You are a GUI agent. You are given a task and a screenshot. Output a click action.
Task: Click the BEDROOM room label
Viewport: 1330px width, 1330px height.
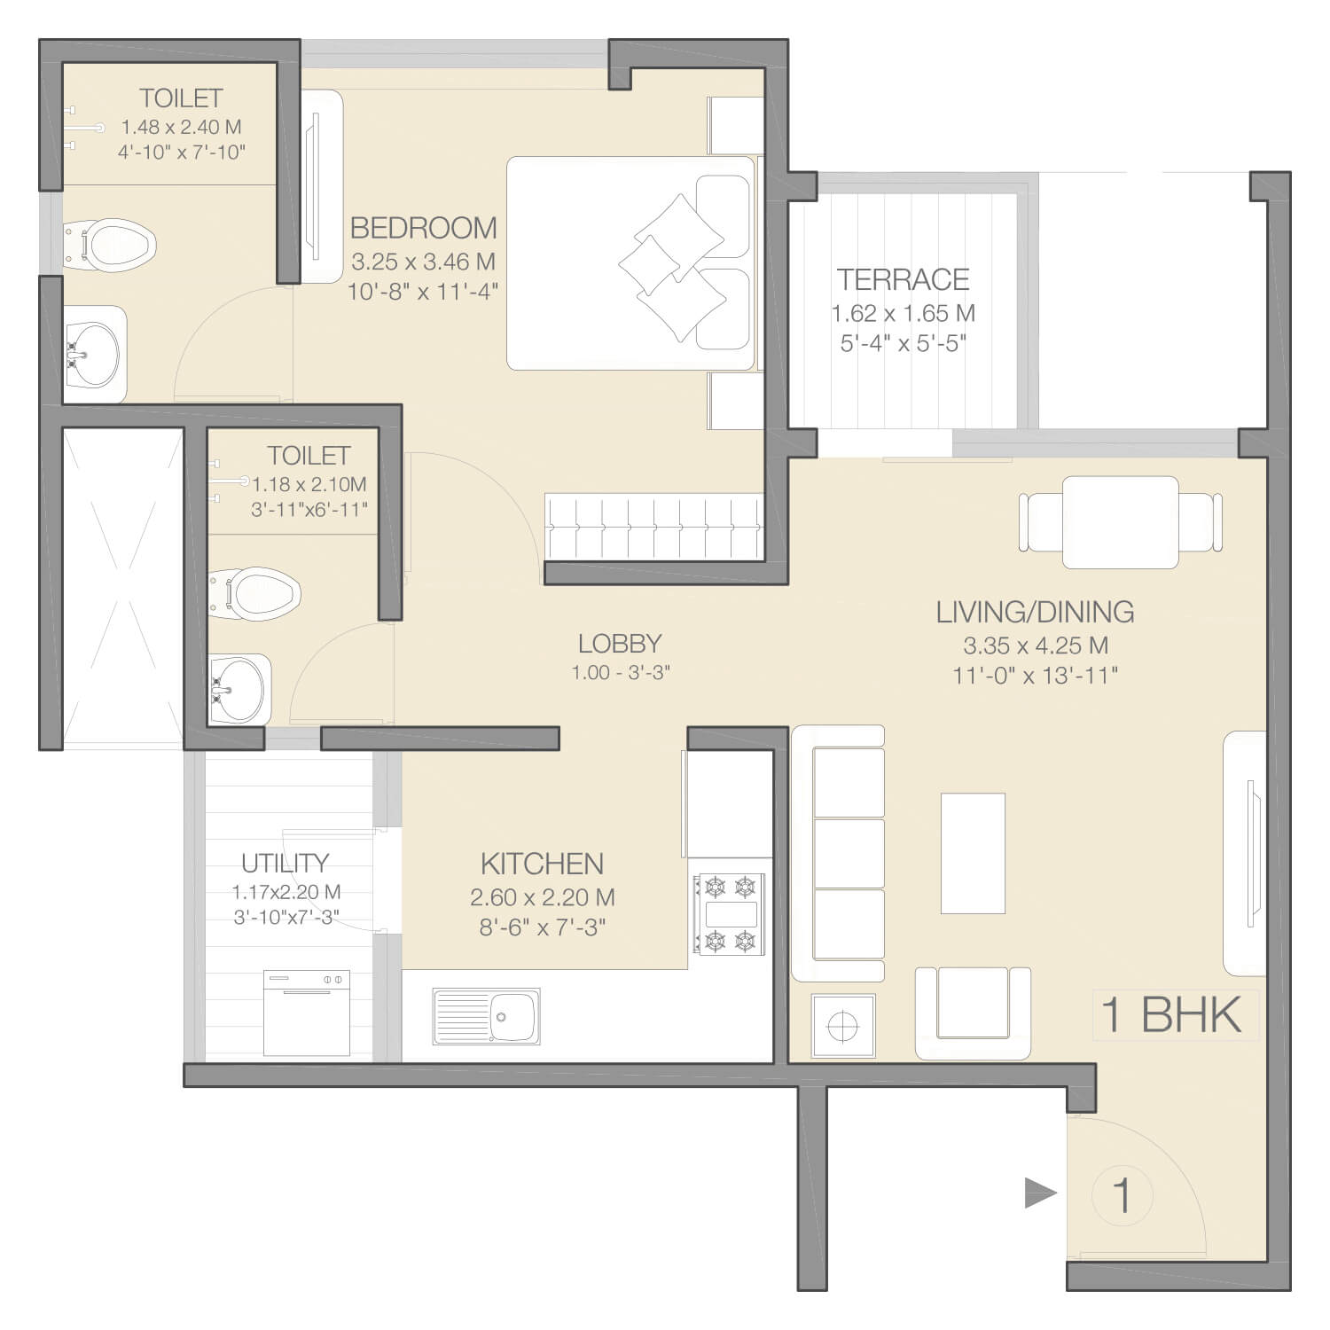pyautogui.click(x=423, y=228)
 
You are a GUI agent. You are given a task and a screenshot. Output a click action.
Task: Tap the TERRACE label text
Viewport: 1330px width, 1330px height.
pyautogui.click(x=904, y=279)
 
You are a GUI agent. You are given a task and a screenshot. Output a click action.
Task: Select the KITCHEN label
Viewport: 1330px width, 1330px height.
pyautogui.click(x=542, y=864)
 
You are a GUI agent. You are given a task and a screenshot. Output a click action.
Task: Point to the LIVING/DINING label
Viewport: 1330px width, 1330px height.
pyautogui.click(x=1035, y=612)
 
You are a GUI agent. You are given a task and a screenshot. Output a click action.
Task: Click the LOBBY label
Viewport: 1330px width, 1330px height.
pyautogui.click(x=620, y=644)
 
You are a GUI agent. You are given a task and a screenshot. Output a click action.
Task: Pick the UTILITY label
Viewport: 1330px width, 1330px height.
pyautogui.click(x=286, y=863)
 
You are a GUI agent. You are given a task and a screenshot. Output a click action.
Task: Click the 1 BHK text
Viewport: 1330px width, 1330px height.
pyautogui.click(x=1170, y=1014)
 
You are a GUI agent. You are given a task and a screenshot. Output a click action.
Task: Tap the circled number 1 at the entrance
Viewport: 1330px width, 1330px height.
pyautogui.click(x=1122, y=1195)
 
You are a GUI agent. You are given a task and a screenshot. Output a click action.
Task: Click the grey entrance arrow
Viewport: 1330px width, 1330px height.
pyautogui.click(x=1041, y=1193)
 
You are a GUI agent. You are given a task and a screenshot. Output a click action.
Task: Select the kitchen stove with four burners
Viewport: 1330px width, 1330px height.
pyautogui.click(x=730, y=914)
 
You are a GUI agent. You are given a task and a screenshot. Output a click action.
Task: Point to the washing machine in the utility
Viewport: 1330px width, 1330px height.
pyautogui.click(x=307, y=1013)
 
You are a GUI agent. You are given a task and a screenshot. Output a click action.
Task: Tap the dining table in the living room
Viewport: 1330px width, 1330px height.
pyautogui.click(x=1121, y=522)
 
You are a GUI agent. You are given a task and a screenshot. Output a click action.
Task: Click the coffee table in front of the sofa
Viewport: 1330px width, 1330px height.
pyautogui.click(x=973, y=853)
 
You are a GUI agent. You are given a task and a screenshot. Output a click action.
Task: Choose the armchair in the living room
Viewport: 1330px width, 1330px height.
pyautogui.click(x=973, y=1013)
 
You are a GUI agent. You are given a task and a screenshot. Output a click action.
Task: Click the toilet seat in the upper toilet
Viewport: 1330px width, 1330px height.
pyautogui.click(x=112, y=245)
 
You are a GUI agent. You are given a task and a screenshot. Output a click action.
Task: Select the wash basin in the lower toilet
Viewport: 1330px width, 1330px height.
pyautogui.click(x=239, y=690)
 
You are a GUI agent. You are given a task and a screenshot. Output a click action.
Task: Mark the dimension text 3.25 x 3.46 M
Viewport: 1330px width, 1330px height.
pyautogui.click(x=423, y=262)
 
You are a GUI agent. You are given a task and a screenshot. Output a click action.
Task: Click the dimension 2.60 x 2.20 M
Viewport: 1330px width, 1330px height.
pyautogui.click(x=542, y=897)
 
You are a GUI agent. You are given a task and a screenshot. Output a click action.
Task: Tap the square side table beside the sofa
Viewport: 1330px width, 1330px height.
pyautogui.click(x=843, y=1027)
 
